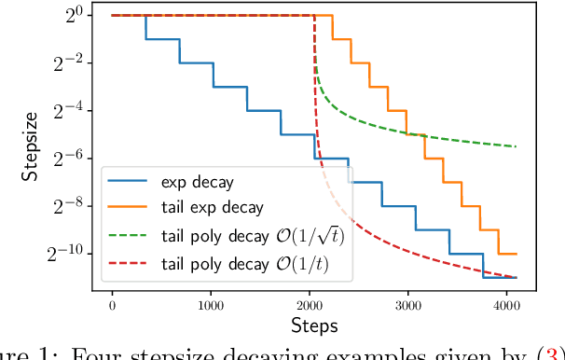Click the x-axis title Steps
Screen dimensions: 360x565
[312, 325]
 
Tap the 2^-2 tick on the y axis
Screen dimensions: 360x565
[69, 62]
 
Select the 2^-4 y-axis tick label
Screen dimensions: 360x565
[69, 110]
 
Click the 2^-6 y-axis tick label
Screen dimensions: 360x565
[69, 158]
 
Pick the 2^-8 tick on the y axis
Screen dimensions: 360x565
[69, 205]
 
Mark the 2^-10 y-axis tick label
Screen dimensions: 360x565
[66, 253]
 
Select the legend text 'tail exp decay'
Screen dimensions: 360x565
[212, 207]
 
